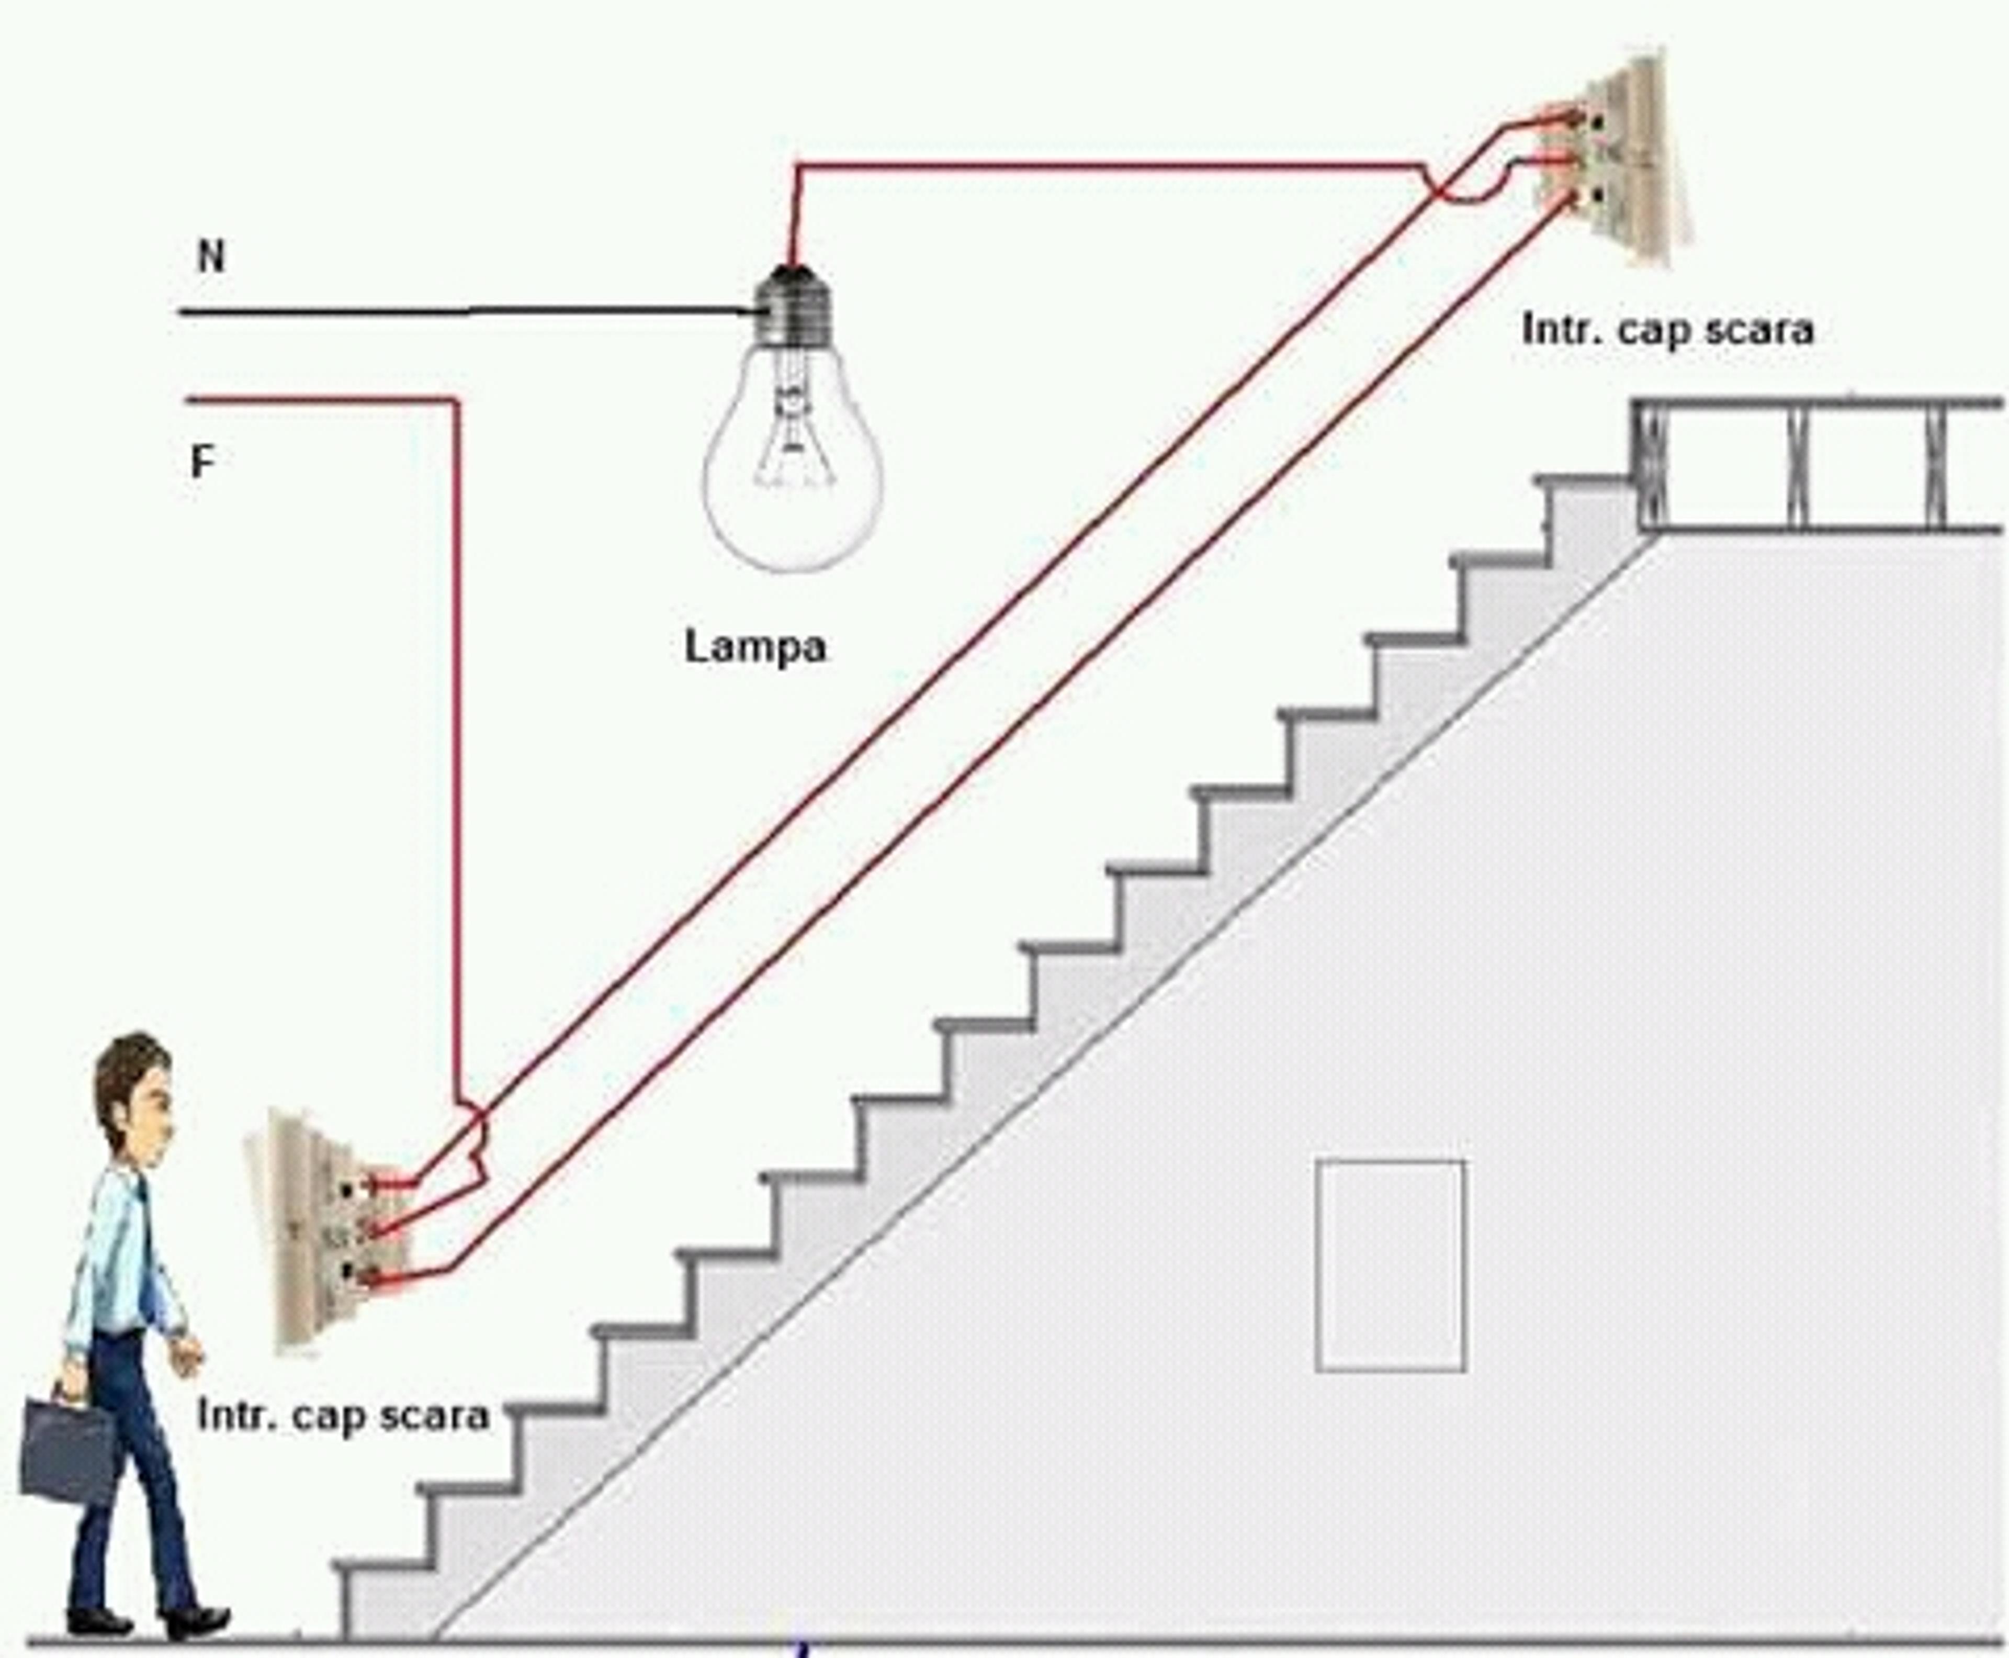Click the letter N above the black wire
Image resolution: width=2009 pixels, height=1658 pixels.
click(211, 256)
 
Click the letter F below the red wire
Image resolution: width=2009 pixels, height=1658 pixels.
click(201, 462)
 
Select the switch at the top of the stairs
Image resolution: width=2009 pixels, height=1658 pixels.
click(1613, 158)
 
